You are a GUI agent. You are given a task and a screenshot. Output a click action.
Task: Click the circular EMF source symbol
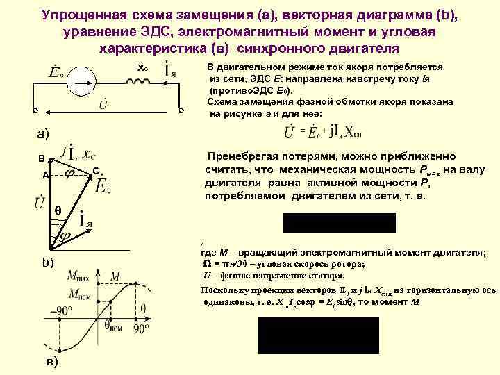[x=82, y=81]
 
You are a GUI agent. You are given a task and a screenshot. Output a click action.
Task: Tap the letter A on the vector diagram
[x=45, y=176]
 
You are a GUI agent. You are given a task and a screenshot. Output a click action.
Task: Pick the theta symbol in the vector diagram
[x=58, y=210]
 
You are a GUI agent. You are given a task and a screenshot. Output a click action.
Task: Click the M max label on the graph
[x=81, y=277]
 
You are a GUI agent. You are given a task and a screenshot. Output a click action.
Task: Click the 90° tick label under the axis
[x=142, y=326]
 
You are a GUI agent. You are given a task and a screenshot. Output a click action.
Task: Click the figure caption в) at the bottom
[x=51, y=362]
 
